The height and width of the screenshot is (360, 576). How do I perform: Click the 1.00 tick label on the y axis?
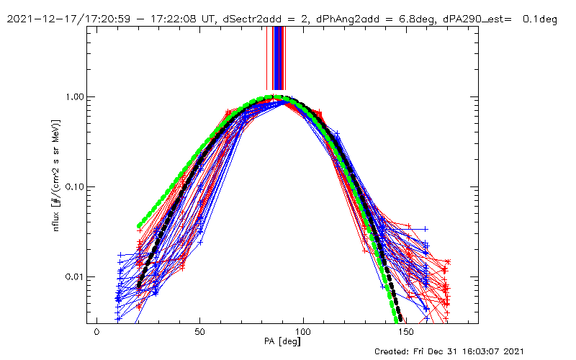pos(75,96)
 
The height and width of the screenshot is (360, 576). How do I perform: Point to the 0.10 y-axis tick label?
pos(75,186)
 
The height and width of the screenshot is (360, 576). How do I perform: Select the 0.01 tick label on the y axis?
pos(75,277)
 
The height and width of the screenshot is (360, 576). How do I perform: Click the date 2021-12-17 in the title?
pos(42,19)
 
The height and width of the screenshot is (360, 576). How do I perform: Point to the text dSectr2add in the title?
pos(230,19)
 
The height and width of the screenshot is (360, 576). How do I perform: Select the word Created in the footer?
pos(394,351)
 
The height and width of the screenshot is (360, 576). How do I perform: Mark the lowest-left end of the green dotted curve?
pos(139,226)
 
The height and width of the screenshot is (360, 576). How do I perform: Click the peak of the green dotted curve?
pos(271,97)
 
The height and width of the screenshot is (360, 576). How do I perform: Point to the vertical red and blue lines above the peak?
pos(276,58)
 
